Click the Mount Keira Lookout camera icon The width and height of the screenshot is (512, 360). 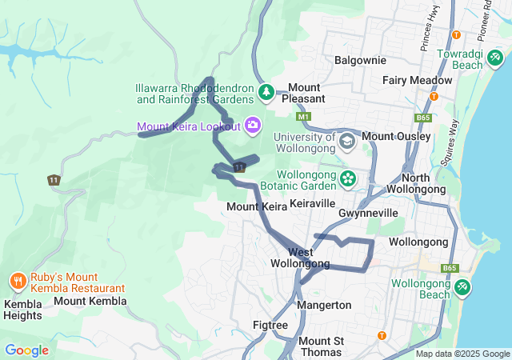click(x=253, y=126)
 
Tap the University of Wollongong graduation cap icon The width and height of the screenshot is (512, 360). click(x=346, y=142)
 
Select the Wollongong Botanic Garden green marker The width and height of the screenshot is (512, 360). click(x=347, y=178)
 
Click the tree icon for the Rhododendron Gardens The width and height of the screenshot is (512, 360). click(x=266, y=94)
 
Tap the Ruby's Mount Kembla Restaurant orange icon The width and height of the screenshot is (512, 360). click(x=18, y=281)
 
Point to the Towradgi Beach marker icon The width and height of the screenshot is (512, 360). click(x=495, y=58)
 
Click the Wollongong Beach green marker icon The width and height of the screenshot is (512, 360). click(x=462, y=286)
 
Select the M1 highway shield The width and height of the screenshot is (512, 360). click(x=303, y=118)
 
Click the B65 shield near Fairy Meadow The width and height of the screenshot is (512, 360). click(x=423, y=118)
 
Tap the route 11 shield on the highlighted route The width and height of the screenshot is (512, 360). click(x=238, y=166)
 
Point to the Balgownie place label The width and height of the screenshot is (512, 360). click(x=360, y=60)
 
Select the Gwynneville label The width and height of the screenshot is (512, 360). click(x=368, y=214)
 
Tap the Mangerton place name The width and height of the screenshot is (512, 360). click(x=324, y=305)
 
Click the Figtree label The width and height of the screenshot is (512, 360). click(x=270, y=325)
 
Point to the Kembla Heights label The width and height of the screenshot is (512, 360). click(x=22, y=310)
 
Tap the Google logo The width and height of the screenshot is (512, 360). click(x=26, y=350)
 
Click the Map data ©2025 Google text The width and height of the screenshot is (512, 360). click(x=462, y=354)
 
